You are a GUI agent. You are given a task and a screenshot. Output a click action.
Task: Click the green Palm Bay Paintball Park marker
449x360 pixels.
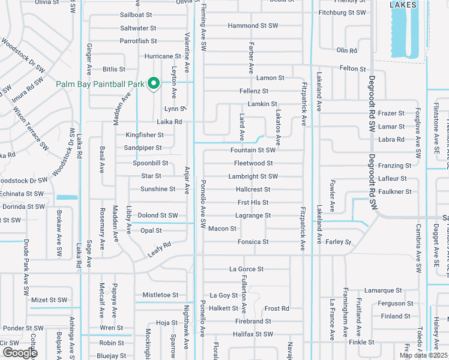pyautogui.click(x=153, y=83)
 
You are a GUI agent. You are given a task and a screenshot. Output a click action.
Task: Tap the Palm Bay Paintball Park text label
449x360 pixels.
pyautogui.click(x=100, y=85)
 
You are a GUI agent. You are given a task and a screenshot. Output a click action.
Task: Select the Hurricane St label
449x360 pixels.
pyautogui.click(x=163, y=56)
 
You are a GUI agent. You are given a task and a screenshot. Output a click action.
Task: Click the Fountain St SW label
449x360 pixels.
pyautogui.click(x=253, y=151)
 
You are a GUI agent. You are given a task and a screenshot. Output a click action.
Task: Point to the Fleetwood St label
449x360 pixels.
pyautogui.click(x=254, y=163)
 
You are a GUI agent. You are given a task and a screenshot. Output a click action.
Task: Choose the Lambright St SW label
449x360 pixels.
pyautogui.click(x=253, y=176)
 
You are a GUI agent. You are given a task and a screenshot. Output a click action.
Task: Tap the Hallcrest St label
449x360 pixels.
pyautogui.click(x=253, y=190)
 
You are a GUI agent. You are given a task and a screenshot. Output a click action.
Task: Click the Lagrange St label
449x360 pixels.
pyautogui.click(x=253, y=215)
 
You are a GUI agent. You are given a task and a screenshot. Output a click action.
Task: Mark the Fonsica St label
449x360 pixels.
pyautogui.click(x=253, y=242)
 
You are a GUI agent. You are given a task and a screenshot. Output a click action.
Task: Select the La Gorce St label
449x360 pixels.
pyautogui.click(x=246, y=269)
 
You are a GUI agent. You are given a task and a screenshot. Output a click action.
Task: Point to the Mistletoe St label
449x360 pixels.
pyautogui.click(x=160, y=295)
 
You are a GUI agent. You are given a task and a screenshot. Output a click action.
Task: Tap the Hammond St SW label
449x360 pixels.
pyautogui.click(x=253, y=26)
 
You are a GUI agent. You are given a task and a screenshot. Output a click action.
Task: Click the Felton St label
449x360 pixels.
pyautogui.click(x=353, y=70)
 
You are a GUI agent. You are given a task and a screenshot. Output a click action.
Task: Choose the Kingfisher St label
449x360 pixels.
pyautogui.click(x=145, y=136)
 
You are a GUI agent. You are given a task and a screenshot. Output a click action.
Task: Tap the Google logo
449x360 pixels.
pyautogui.click(x=20, y=352)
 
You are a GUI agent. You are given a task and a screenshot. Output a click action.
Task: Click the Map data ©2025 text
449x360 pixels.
pyautogui.click(x=423, y=355)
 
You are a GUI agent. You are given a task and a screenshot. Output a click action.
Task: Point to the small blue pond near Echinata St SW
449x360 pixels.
pyautogui.click(x=67, y=197)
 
